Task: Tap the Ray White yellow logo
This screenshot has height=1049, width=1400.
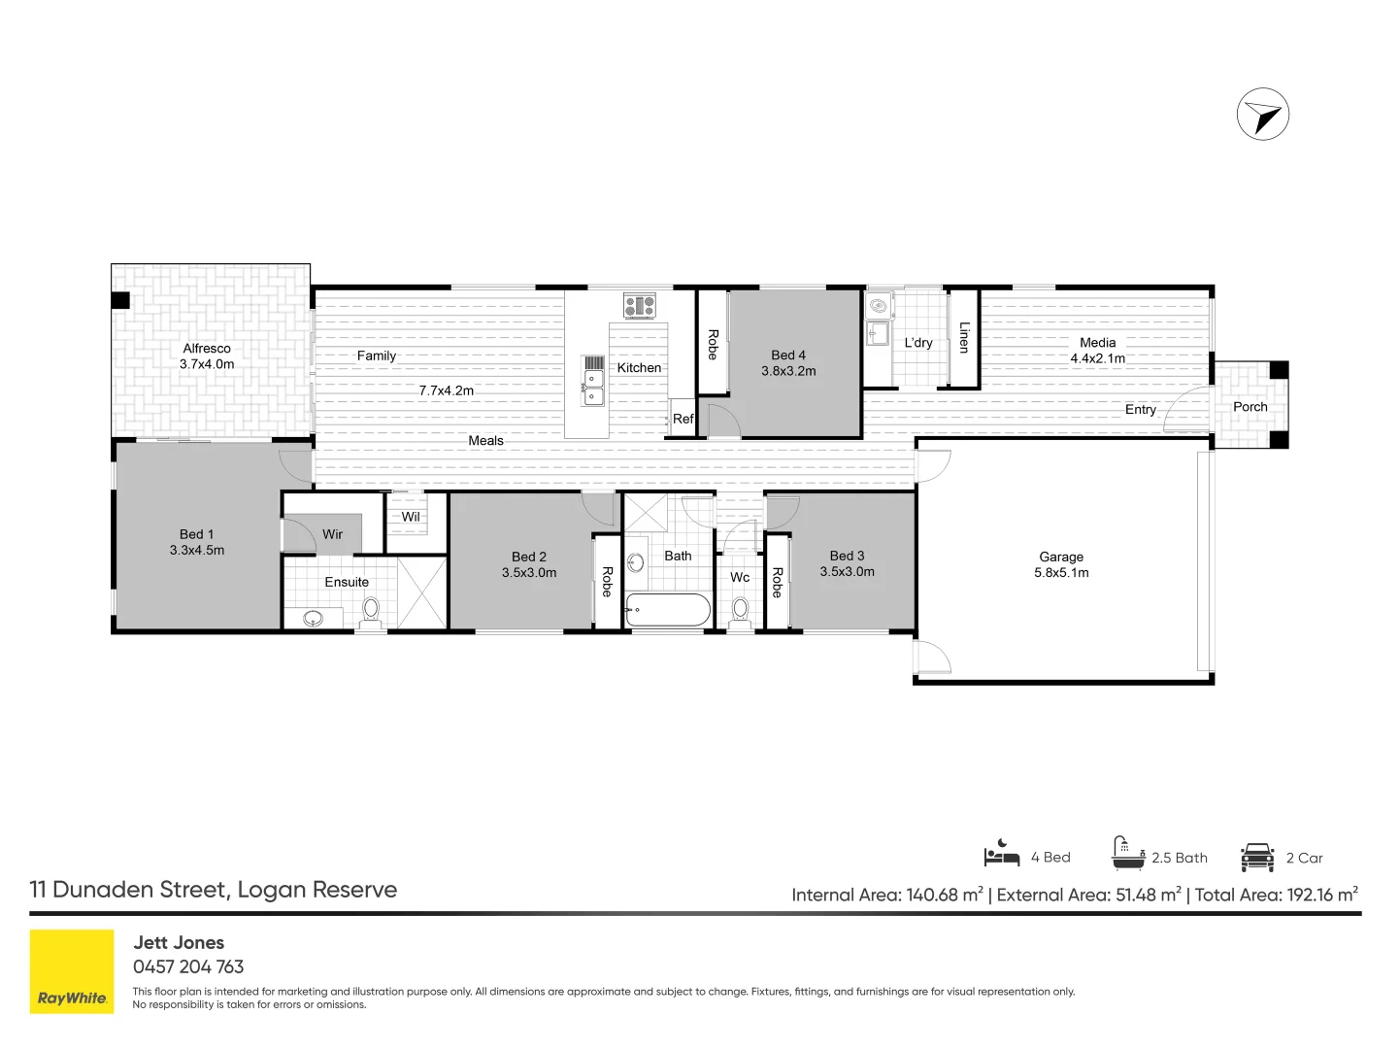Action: (72, 971)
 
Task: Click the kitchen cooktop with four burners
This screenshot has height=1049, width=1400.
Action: (639, 305)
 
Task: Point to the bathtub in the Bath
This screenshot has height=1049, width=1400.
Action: (668, 610)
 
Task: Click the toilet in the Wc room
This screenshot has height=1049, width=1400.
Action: (740, 613)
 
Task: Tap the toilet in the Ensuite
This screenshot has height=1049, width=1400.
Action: (371, 613)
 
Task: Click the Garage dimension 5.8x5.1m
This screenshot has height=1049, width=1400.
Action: (1061, 573)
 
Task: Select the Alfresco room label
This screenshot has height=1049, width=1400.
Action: (207, 349)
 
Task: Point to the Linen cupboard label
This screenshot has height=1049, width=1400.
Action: (964, 338)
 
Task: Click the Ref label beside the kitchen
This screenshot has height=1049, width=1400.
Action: (683, 419)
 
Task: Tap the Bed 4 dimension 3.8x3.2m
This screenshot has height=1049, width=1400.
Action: (788, 371)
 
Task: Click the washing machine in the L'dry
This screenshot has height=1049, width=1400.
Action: (879, 306)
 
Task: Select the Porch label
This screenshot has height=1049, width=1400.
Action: (1250, 406)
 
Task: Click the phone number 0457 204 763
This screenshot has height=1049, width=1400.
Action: (188, 966)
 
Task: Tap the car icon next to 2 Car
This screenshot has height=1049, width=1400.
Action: (1257, 857)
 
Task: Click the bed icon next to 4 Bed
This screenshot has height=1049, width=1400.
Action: (1002, 853)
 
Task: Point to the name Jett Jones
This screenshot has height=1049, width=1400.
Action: (179, 942)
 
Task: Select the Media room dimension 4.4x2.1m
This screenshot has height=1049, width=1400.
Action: (1098, 358)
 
